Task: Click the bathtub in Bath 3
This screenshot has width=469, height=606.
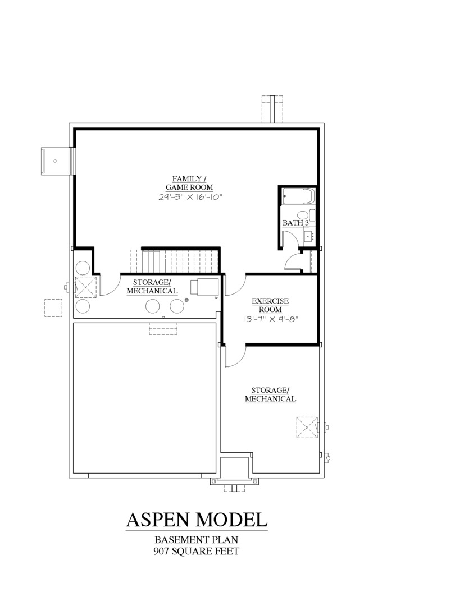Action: [x=298, y=196]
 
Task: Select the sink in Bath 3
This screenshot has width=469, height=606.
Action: [x=309, y=235]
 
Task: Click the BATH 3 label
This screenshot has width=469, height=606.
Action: [x=295, y=223]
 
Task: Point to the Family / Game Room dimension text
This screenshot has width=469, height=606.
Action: [x=190, y=197]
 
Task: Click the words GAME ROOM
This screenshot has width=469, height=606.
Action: [x=190, y=187]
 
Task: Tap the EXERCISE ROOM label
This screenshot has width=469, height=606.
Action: [x=270, y=305]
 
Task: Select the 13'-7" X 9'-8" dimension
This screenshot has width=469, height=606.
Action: [x=271, y=319]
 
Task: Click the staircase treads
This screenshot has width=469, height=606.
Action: [x=179, y=261]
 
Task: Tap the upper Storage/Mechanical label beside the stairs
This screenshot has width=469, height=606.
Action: [x=152, y=287]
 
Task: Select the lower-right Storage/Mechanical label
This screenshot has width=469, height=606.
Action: [x=271, y=394]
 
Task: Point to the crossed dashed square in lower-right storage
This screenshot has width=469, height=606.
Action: [x=307, y=427]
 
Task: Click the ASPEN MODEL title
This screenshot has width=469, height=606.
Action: [x=197, y=520]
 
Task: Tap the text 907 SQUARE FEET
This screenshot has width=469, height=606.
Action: [x=196, y=551]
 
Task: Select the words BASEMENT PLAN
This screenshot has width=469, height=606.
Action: [x=196, y=540]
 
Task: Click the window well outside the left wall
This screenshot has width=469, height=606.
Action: [x=57, y=161]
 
